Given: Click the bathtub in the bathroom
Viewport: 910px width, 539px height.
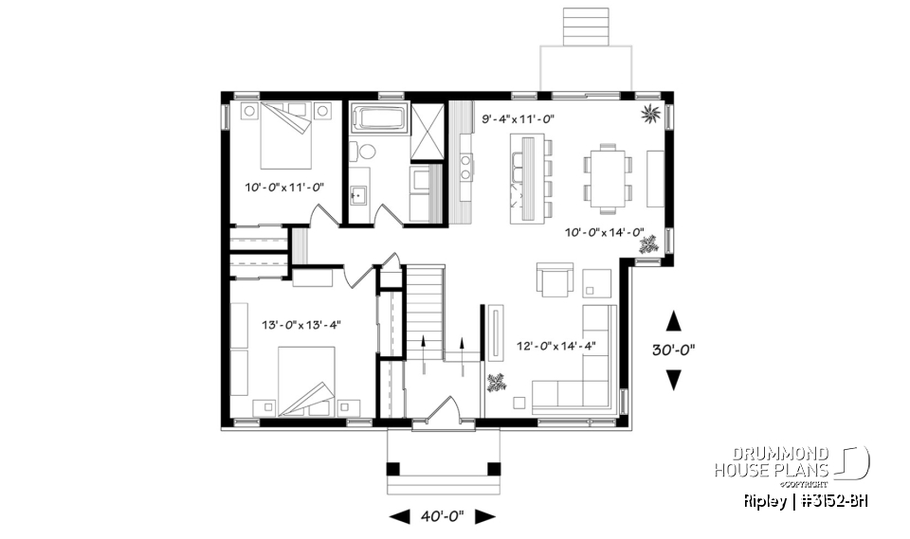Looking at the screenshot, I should point(378,122).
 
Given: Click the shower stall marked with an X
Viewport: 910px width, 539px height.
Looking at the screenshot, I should point(427,129).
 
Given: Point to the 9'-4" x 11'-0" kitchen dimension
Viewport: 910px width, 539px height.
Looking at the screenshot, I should point(518,119).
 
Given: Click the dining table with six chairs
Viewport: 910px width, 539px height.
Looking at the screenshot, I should point(606,175).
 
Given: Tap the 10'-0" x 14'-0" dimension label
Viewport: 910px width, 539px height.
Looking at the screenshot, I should point(605,232).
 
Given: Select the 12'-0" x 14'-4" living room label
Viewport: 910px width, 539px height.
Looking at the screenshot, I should point(555,346).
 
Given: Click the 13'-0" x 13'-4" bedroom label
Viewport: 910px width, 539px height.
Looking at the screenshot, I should point(301,325).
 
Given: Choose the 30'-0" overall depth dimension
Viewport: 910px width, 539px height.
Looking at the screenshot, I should point(674,349).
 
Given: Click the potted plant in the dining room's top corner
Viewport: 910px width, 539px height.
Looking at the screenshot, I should point(651,116).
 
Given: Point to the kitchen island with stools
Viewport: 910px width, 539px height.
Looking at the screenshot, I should point(530,177).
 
